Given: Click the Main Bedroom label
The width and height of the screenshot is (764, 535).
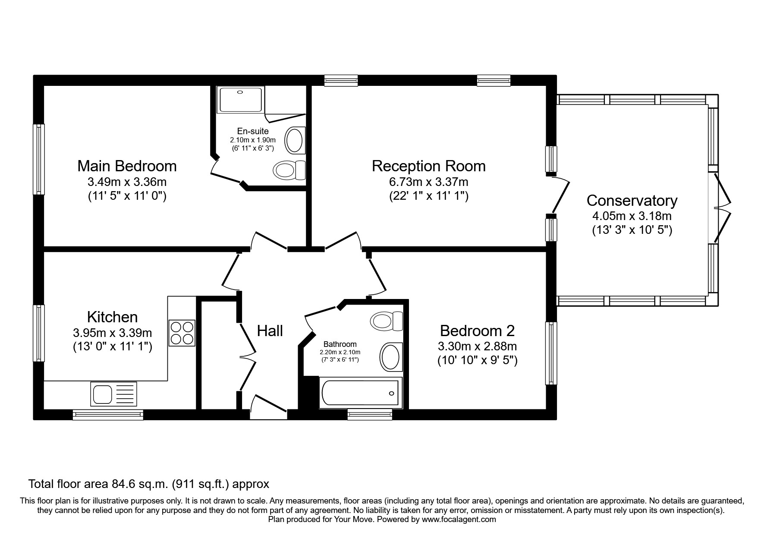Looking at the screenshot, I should [127, 166].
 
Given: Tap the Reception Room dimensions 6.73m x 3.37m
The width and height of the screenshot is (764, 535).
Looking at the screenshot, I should [428, 182].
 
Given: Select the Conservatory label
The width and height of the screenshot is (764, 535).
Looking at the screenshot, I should [632, 201].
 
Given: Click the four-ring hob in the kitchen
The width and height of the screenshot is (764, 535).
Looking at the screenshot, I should [182, 333].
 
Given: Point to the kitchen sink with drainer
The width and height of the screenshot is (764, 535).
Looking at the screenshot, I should [113, 393].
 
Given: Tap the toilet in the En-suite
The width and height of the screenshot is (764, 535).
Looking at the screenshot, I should [289, 170].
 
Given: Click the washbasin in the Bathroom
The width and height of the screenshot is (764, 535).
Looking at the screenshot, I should [390, 357].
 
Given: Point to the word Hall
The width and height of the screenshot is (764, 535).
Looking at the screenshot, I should [270, 331].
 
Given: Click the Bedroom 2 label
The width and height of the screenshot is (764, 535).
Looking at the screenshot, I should [477, 331].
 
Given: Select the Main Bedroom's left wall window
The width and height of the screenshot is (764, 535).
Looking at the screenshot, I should [39, 159].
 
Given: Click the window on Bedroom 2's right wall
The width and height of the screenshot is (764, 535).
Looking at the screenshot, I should [551, 353].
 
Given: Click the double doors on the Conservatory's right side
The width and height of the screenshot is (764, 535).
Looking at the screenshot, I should [723, 208].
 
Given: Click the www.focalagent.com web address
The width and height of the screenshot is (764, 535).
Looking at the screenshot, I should [459, 519].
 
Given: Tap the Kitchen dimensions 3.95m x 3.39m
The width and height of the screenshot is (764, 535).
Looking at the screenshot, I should [113, 333].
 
